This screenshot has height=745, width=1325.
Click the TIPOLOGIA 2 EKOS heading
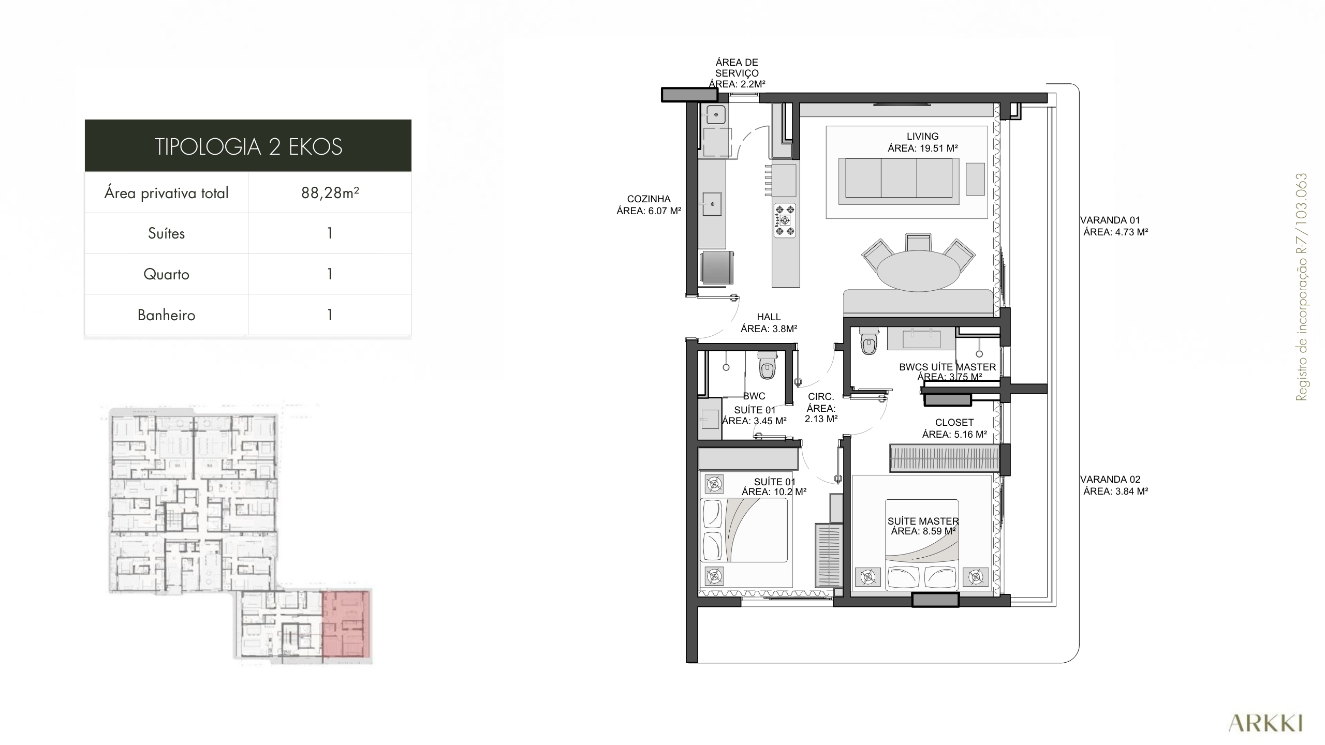[248, 146]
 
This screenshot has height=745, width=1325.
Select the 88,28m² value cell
[330, 192]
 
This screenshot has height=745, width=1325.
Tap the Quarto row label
[166, 274]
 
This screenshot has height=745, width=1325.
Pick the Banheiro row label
[166, 315]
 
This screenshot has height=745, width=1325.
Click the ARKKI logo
[1265, 723]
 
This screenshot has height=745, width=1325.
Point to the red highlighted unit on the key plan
[346, 627]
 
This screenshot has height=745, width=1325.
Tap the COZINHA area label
[649, 205]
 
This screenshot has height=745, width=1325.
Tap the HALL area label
[769, 323]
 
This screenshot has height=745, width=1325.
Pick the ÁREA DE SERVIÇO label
[737, 73]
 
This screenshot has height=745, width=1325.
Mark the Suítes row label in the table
[166, 233]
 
